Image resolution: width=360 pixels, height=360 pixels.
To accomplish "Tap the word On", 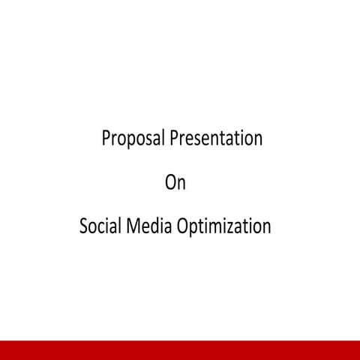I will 175,182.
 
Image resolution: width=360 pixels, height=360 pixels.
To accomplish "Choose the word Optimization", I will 223,226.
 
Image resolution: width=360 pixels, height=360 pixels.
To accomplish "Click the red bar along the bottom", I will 180,350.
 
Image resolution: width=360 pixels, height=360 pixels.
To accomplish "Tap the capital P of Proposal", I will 106,139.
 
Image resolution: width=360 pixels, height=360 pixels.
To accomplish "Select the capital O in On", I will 170,182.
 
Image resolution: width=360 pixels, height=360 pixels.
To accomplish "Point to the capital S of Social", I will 83,225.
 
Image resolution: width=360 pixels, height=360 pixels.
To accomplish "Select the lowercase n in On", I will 181,184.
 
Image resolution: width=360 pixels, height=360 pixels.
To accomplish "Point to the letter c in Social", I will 100,226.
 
